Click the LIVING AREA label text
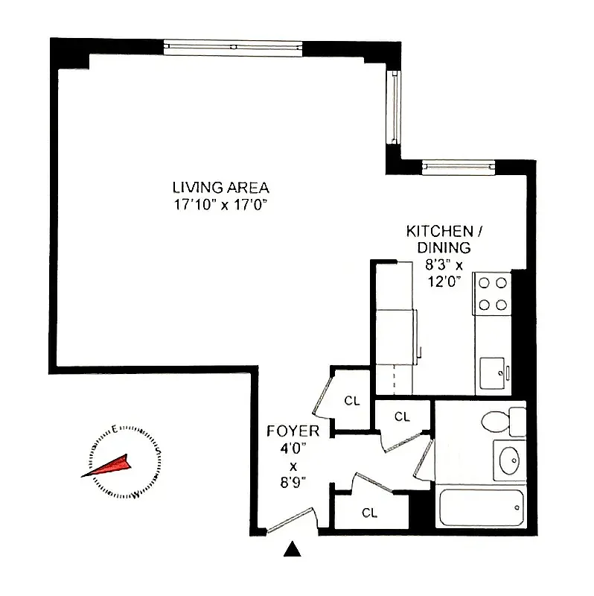(x=220, y=188)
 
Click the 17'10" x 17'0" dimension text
(x=220, y=205)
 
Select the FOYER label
(x=293, y=431)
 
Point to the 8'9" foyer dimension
(x=293, y=483)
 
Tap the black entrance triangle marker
(x=293, y=551)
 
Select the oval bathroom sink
(x=510, y=460)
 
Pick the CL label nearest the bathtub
(x=369, y=512)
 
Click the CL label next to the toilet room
(x=402, y=417)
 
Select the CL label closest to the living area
(x=351, y=401)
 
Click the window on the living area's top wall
(x=233, y=47)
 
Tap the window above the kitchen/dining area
(x=458, y=166)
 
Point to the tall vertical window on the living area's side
(x=392, y=106)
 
